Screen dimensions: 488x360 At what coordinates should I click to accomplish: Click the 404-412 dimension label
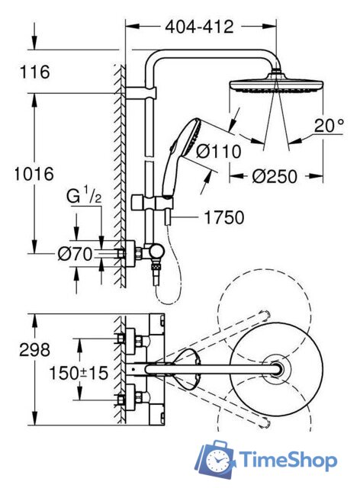tap(198, 27)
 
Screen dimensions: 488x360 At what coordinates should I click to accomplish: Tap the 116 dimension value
tap(34, 72)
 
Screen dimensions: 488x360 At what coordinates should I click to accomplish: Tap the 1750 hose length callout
tap(224, 218)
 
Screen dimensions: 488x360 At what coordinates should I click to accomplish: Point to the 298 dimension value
tap(34, 350)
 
